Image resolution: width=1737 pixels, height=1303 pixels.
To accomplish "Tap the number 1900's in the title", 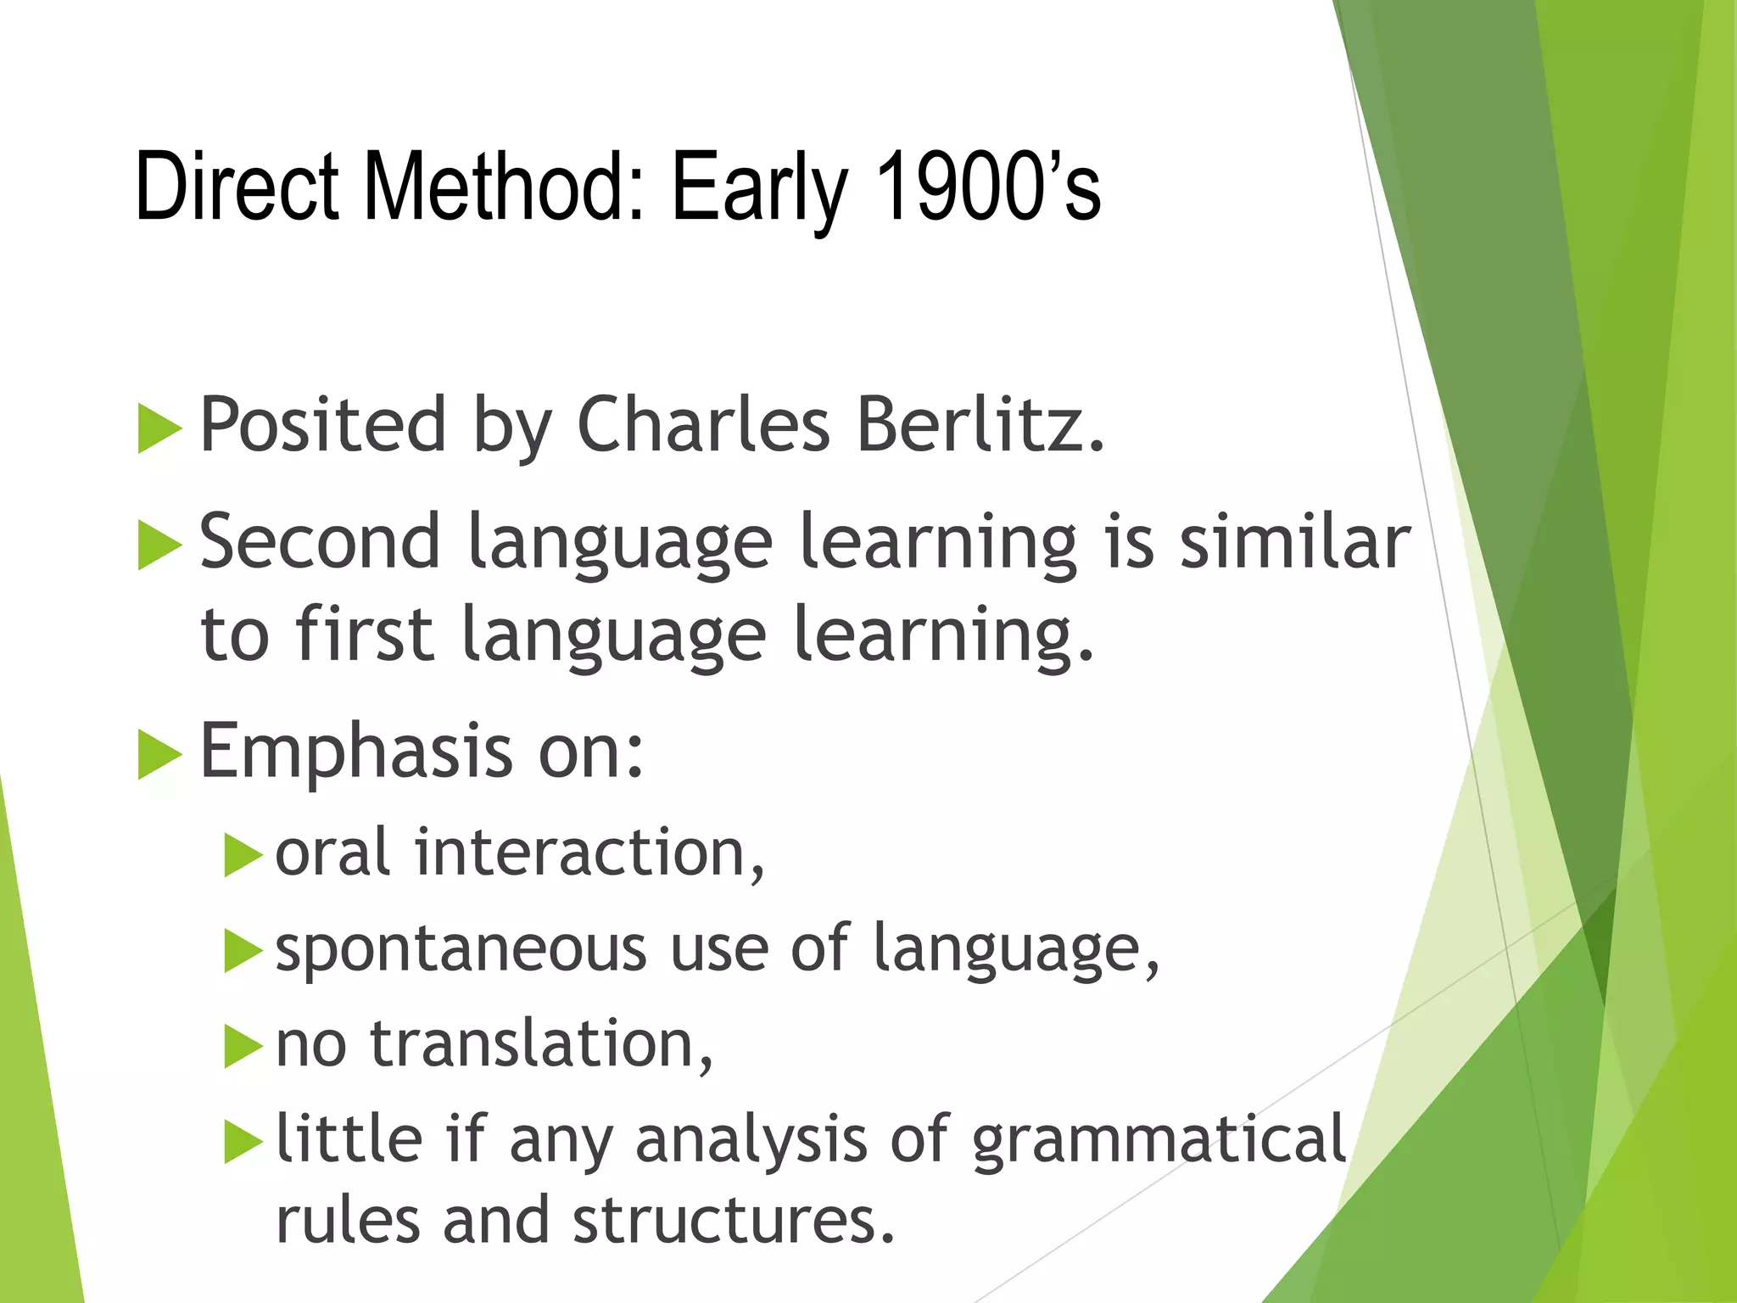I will pyautogui.click(x=988, y=185).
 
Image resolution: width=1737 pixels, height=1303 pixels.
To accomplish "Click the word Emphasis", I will pyautogui.click(x=355, y=751).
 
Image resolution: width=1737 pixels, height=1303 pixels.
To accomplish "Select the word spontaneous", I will pyautogui.click(x=461, y=950).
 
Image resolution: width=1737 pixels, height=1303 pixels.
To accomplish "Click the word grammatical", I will pyautogui.click(x=1159, y=1139).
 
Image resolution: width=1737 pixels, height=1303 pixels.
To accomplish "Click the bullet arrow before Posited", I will pyautogui.click(x=159, y=428).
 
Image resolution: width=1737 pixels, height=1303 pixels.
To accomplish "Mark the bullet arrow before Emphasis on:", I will pyautogui.click(x=159, y=754).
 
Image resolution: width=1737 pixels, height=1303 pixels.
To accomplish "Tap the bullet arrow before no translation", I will pyautogui.click(x=243, y=1047).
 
